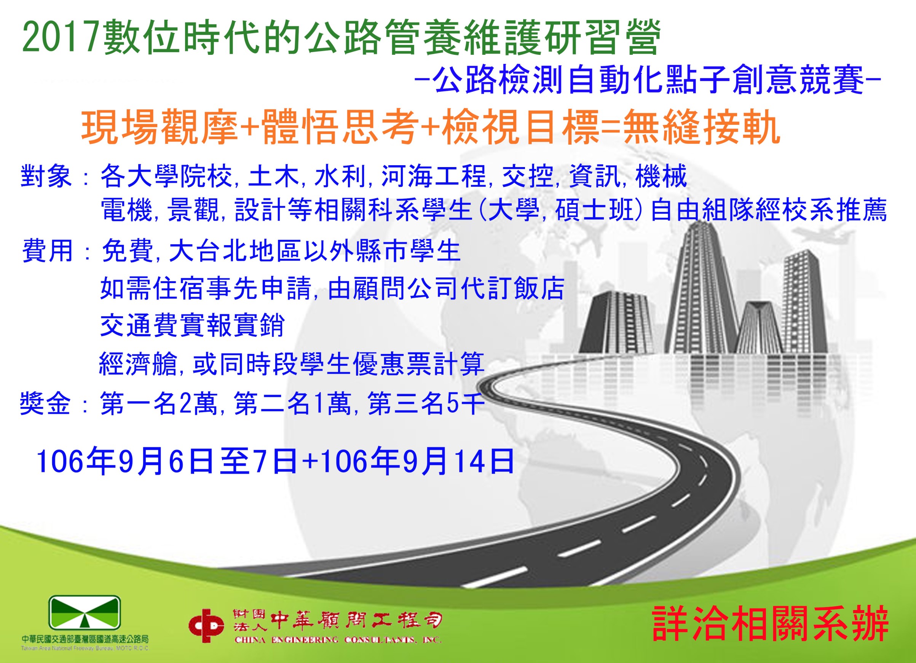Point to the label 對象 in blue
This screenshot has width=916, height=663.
coord(46,177)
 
